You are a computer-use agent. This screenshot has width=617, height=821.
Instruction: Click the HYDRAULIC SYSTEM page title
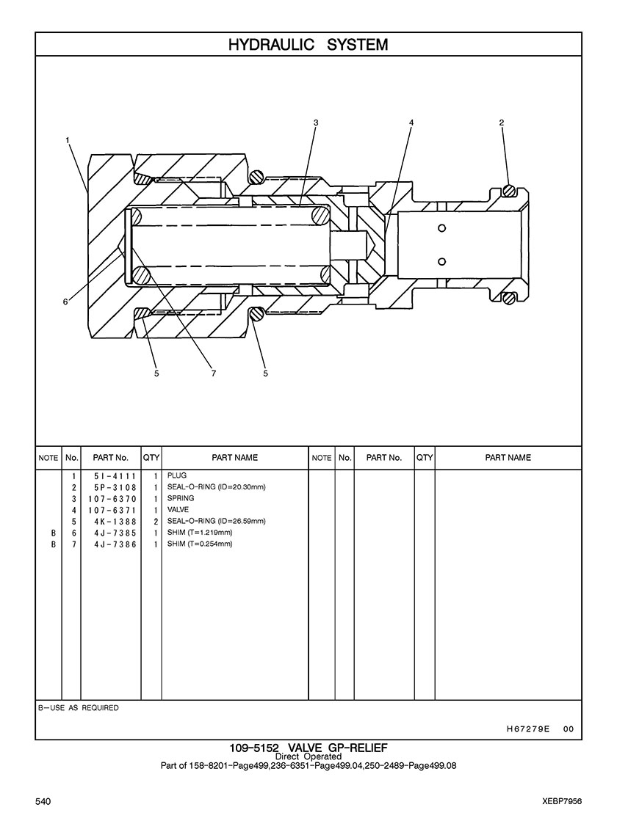point(308,45)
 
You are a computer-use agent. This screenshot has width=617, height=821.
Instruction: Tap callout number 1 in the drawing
point(68,140)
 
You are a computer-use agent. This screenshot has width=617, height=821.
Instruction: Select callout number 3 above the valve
point(316,123)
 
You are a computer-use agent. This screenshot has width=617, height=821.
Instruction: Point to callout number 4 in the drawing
point(411,123)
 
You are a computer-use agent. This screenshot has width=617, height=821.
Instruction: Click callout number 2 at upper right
point(502,123)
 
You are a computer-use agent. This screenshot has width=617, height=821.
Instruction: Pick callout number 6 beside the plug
point(65,302)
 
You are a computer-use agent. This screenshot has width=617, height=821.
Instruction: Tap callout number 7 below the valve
point(213,373)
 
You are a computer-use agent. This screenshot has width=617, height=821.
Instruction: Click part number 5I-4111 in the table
point(115,476)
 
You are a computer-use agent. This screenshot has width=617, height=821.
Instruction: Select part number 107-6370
point(112,499)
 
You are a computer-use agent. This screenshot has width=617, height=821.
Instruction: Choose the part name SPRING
point(181,498)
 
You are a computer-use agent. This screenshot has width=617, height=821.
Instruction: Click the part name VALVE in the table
point(178,509)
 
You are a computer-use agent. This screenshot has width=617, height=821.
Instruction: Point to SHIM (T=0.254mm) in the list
point(200,544)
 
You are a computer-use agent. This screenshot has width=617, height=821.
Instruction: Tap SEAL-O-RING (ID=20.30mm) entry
point(217,487)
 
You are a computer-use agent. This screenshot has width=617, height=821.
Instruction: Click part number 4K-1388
point(115,522)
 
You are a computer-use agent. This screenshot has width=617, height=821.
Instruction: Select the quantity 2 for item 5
point(156,522)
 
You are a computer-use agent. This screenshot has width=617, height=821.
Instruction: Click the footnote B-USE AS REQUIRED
point(79,708)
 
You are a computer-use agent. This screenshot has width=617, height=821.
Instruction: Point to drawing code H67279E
point(528,729)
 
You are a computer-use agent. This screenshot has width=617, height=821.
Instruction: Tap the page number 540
point(43,801)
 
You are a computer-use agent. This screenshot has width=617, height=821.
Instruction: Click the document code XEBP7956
point(562,801)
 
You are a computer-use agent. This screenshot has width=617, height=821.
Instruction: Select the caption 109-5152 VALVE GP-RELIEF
point(308,748)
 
